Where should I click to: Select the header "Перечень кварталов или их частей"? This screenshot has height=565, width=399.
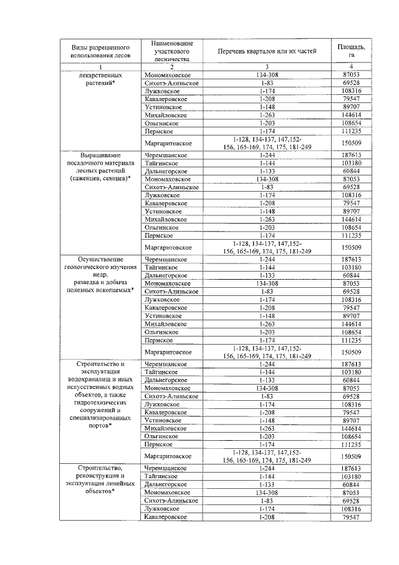coord(266,51)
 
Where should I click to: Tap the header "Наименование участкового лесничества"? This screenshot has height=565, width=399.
coord(171,51)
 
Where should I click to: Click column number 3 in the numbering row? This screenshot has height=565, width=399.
coord(266,67)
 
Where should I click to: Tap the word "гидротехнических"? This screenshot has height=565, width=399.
coord(100,404)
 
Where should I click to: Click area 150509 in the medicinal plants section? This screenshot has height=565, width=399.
coord(351,143)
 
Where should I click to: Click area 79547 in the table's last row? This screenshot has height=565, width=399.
coord(351,518)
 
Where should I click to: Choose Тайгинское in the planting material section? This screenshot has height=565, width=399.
coord(161,162)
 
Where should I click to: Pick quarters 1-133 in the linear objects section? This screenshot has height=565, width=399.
coord(266,485)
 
